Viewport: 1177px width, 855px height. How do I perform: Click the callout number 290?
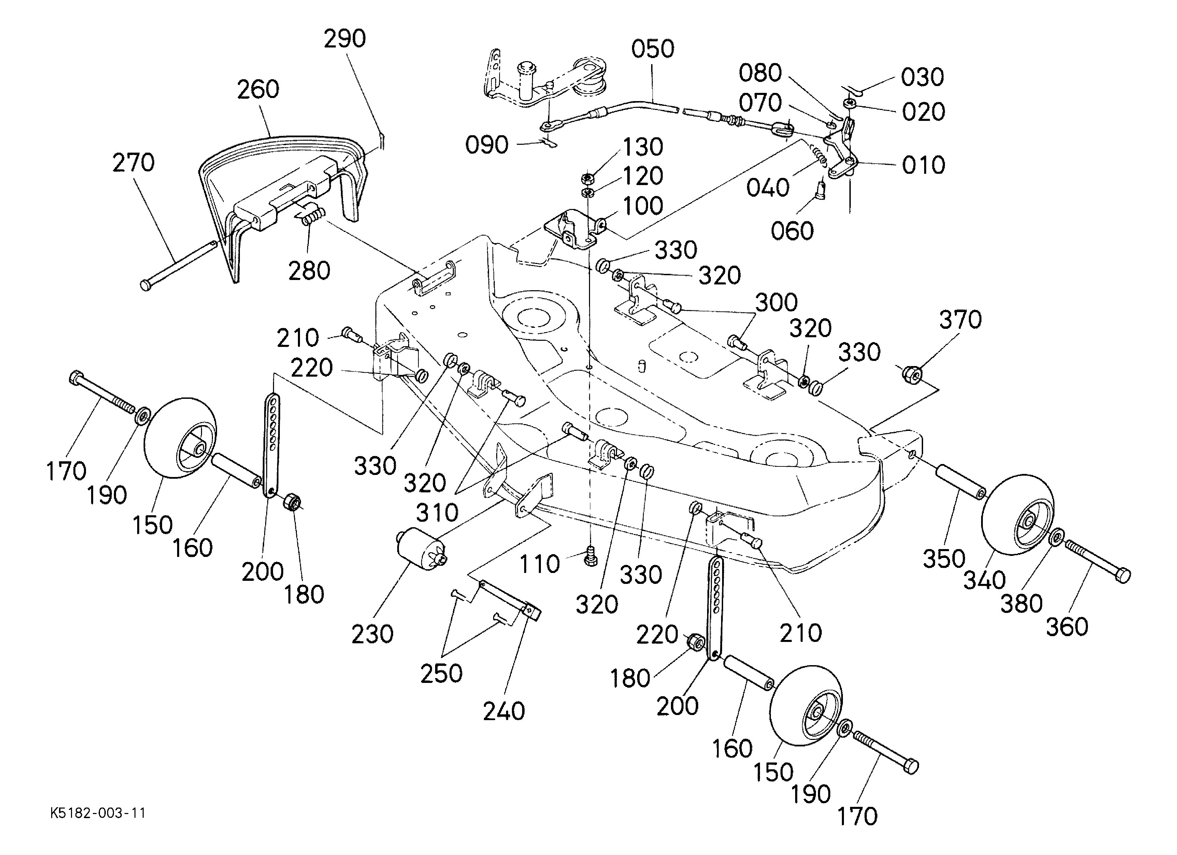pyautogui.click(x=345, y=39)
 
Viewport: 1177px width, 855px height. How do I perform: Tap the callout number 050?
pyautogui.click(x=652, y=49)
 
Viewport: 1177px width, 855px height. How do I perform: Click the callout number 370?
pyautogui.click(x=960, y=320)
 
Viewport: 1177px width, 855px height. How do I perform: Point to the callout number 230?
pyautogui.click(x=372, y=634)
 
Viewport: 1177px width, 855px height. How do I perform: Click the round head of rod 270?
pyautogui.click(x=146, y=284)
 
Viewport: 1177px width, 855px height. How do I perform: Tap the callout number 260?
pyautogui.click(x=258, y=89)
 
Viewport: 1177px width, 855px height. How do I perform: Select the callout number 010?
pyautogui.click(x=923, y=165)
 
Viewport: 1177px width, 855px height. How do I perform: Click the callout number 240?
pyautogui.click(x=503, y=711)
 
